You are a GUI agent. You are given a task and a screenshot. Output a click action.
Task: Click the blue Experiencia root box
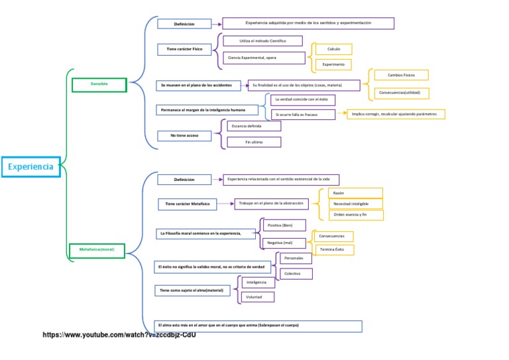coord(31,167)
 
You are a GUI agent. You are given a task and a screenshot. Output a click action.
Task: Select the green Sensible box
coord(99,84)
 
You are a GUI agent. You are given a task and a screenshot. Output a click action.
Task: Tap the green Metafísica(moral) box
coord(97,250)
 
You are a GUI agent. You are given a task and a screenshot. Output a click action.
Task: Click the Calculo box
coord(333,49)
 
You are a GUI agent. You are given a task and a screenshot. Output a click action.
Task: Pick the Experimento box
coord(333,64)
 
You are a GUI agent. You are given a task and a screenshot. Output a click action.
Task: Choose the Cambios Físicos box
coord(401,75)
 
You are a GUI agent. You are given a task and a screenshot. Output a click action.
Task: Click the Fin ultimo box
coord(254,142)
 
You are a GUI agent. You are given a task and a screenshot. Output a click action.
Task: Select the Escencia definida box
coord(254,125)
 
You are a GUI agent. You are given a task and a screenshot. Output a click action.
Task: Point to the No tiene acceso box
coord(184,136)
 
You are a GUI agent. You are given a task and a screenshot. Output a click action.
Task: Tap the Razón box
coord(355,193)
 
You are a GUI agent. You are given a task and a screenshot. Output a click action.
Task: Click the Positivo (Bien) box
coord(284,225)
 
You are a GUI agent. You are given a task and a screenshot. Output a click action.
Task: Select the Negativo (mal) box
coord(284,243)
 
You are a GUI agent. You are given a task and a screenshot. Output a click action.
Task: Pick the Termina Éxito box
coord(334,250)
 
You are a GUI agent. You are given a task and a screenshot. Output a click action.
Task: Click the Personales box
coord(296,258)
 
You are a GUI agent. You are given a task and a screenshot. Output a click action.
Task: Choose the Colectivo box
coord(296,274)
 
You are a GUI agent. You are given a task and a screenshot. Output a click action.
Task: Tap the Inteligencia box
coord(257,282)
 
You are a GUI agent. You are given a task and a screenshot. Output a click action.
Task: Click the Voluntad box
coord(257,297)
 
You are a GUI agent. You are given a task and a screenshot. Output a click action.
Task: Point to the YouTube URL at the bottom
coord(119,335)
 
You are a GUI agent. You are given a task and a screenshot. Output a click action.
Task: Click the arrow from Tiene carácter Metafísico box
coord(226,204)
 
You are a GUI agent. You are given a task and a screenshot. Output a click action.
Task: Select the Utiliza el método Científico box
coord(262,41)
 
